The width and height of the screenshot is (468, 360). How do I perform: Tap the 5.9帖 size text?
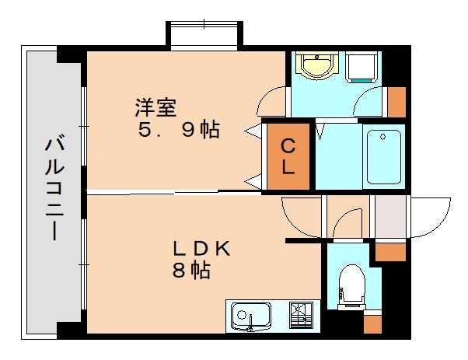pos(178,131)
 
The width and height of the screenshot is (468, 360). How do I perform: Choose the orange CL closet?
pos(288,156)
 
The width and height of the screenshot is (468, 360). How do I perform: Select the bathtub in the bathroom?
pos(382,156)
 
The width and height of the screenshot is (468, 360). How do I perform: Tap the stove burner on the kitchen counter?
pos(300,316)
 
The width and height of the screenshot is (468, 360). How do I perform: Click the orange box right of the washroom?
pos(396,102)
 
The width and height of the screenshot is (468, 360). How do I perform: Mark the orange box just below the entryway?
pos(391,252)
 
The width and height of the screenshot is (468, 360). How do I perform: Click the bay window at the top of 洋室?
pos(202,36)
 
